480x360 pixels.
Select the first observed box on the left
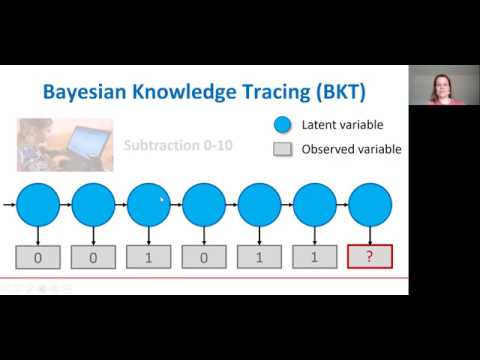point(39,257)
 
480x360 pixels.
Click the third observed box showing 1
point(149,257)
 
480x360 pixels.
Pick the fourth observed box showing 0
point(204,257)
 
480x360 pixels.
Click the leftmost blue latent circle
point(39,204)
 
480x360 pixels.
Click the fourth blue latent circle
point(204,204)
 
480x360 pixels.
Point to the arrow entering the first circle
point(9,204)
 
